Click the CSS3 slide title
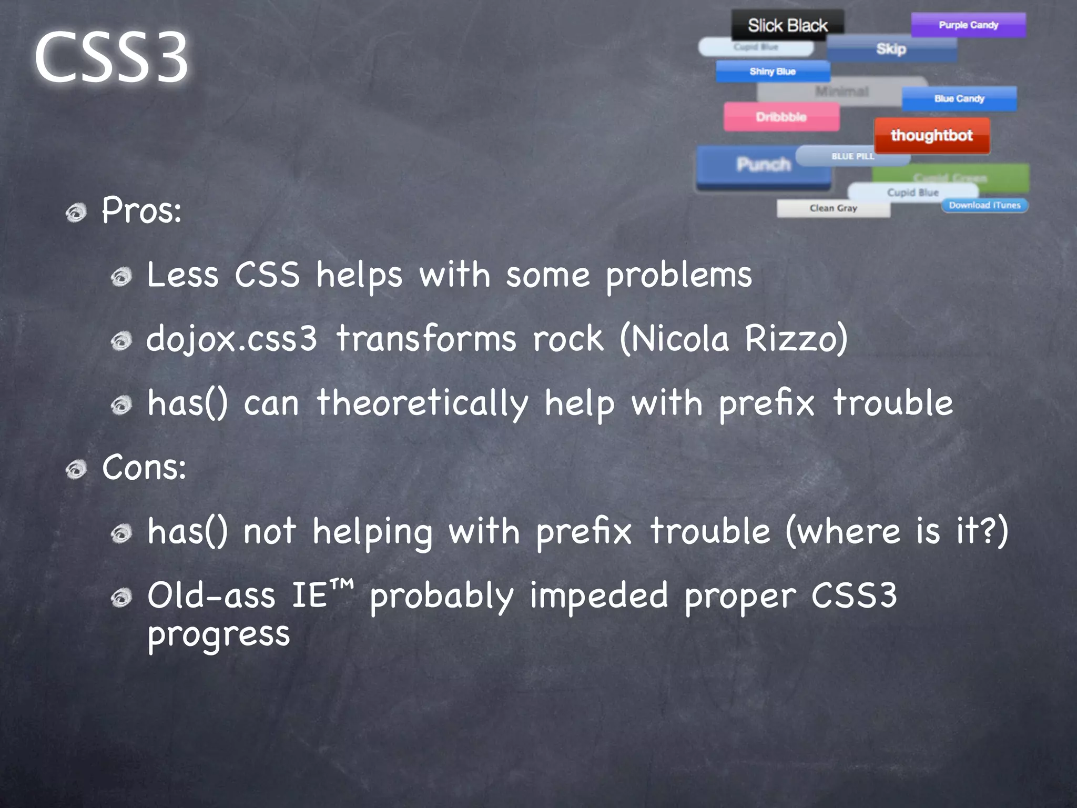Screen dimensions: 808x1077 (111, 56)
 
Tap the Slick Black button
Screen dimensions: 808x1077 (787, 25)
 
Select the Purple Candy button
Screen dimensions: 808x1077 (968, 25)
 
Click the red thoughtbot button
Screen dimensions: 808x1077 (931, 135)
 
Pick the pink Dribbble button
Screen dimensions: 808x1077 (781, 117)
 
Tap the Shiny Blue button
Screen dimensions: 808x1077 (773, 72)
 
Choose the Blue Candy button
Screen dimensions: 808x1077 (959, 98)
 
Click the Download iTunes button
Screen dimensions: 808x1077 (984, 205)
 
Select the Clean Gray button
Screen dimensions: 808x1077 (833, 208)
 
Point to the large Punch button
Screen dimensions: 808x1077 (763, 165)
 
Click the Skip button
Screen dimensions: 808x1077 (891, 49)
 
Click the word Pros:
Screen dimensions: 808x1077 (141, 210)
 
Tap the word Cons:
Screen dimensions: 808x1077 (144, 467)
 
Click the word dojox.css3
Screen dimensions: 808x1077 (231, 339)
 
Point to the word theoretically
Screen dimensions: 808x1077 (422, 403)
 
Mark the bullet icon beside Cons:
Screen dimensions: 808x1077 (77, 469)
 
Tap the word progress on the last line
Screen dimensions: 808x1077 (218, 634)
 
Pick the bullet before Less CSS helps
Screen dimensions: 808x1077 (121, 277)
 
